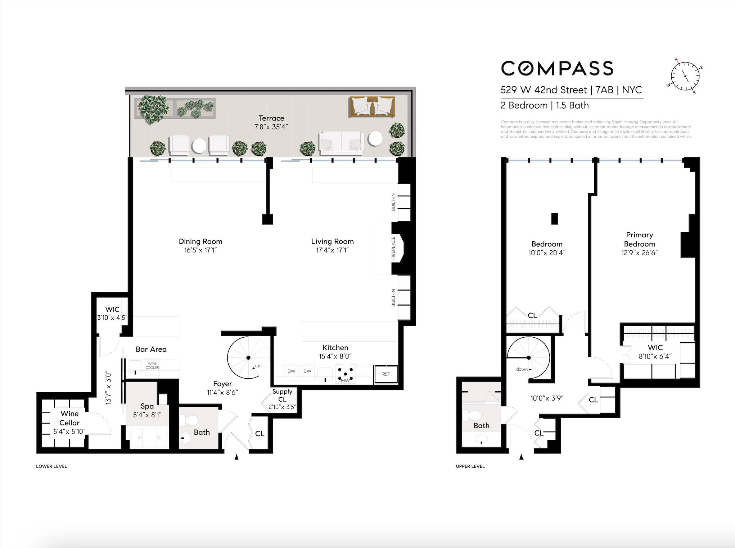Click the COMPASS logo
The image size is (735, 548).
[557, 68]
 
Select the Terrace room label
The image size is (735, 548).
[271, 118]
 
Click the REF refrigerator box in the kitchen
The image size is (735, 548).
[386, 374]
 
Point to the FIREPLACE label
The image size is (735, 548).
[393, 248]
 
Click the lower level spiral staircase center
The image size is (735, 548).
[248, 358]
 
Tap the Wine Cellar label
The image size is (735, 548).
[69, 418]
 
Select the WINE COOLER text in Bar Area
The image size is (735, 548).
[152, 366]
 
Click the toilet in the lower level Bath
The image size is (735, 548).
[191, 420]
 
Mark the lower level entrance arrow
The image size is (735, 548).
[236, 457]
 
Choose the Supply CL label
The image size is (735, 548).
[282, 395]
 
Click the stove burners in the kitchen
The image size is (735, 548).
[346, 374]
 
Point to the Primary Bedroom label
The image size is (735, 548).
[639, 239]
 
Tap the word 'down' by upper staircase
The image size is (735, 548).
[522, 369]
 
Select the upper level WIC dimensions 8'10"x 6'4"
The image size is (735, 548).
[655, 356]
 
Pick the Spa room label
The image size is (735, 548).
[147, 406]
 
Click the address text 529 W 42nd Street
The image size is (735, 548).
[544, 90]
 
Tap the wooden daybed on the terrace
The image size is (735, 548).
[371, 107]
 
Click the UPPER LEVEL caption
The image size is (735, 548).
[470, 466]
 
